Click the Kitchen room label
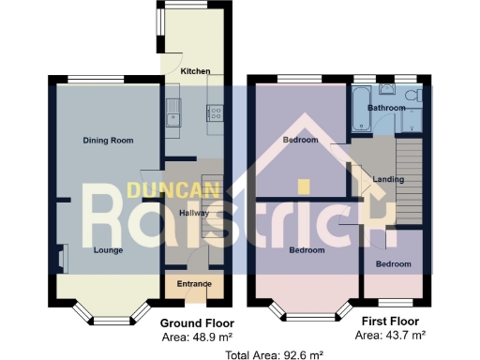(x=195, y=71)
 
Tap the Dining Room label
(x=109, y=141)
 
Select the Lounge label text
(x=108, y=250)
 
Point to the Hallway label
(x=193, y=213)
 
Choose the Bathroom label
(x=385, y=108)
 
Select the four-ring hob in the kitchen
(x=214, y=115)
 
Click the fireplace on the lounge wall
(x=63, y=256)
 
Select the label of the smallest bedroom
(x=393, y=264)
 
